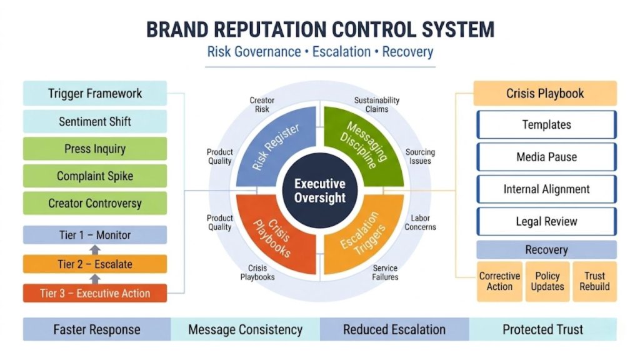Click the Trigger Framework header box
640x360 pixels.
[x=95, y=94]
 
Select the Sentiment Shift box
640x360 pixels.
[x=95, y=121]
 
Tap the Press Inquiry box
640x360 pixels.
[x=95, y=149]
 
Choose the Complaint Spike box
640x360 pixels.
[x=95, y=176]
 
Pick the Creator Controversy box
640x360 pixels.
[x=95, y=203]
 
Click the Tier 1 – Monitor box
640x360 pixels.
[x=95, y=235]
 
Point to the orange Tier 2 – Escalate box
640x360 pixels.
[x=95, y=264]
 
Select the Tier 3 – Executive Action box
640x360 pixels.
[x=95, y=293]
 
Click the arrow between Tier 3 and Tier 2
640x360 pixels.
[x=95, y=279]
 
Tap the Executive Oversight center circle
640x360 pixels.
[x=319, y=190]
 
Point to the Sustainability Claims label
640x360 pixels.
[x=376, y=104]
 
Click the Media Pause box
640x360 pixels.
[x=546, y=157]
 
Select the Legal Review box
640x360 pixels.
[x=546, y=221]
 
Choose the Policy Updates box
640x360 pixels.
[x=547, y=281]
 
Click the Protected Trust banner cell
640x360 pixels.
[x=542, y=329]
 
